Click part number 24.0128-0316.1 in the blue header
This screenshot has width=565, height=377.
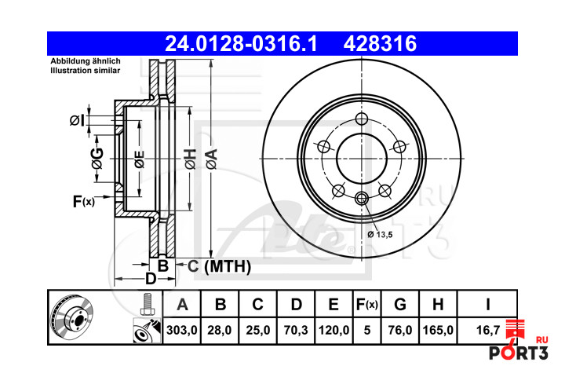(241, 44)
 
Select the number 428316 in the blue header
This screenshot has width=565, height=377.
(380, 44)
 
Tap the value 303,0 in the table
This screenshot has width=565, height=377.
(182, 330)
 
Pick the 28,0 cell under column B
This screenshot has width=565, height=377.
(220, 330)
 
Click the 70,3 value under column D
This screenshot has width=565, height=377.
(296, 330)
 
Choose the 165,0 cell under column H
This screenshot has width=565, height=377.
(438, 330)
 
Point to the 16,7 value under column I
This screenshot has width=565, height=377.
(488, 330)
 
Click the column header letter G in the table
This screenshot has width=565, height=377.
(400, 305)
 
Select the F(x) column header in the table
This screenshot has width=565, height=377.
(366, 305)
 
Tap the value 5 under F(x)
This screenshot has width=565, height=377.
(367, 330)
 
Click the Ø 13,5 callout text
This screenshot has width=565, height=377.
(380, 235)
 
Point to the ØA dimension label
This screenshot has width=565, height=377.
(212, 159)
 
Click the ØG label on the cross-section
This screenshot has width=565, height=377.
(97, 159)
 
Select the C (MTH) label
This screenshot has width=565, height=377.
(219, 266)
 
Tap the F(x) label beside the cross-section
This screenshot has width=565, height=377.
(84, 201)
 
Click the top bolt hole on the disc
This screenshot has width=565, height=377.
(362, 119)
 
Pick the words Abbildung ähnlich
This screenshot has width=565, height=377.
(86, 61)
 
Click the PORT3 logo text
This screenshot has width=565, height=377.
(518, 353)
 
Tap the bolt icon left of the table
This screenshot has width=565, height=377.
(147, 304)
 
